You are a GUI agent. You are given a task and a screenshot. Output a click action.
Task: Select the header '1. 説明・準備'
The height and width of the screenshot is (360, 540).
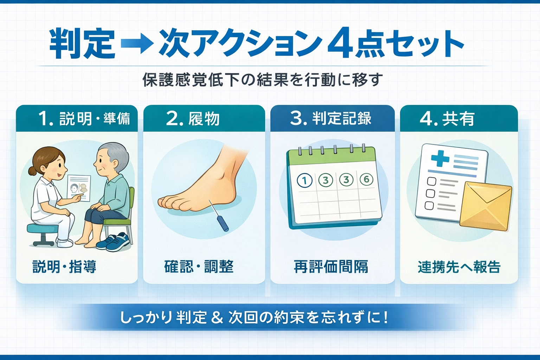[x=84, y=118]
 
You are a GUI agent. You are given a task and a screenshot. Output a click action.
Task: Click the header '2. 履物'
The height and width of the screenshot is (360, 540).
[x=193, y=118]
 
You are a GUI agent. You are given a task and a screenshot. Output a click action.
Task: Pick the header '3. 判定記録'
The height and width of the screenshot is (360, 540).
[x=331, y=118]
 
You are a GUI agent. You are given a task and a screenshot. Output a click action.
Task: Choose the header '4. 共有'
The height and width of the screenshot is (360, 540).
[x=447, y=118]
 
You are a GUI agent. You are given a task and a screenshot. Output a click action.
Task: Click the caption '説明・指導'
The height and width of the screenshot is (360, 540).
[x=64, y=266]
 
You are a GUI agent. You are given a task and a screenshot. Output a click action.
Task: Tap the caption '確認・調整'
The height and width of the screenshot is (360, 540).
[x=199, y=266]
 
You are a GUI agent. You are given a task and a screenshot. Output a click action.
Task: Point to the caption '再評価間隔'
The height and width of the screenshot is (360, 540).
[x=331, y=266]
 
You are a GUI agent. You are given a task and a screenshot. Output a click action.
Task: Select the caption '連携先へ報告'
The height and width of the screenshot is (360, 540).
[x=459, y=267]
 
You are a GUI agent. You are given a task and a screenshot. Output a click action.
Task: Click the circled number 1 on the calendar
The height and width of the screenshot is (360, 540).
[x=304, y=181]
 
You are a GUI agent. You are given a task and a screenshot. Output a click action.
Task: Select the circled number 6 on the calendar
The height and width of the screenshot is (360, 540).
[x=366, y=180]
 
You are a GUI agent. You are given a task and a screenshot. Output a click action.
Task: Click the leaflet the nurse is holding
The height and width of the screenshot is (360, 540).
[x=79, y=187]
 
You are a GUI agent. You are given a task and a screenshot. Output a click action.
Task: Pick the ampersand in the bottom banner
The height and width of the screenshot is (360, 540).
[x=217, y=317]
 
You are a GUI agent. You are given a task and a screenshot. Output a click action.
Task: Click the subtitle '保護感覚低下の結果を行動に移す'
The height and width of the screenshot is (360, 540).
[x=262, y=80]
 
